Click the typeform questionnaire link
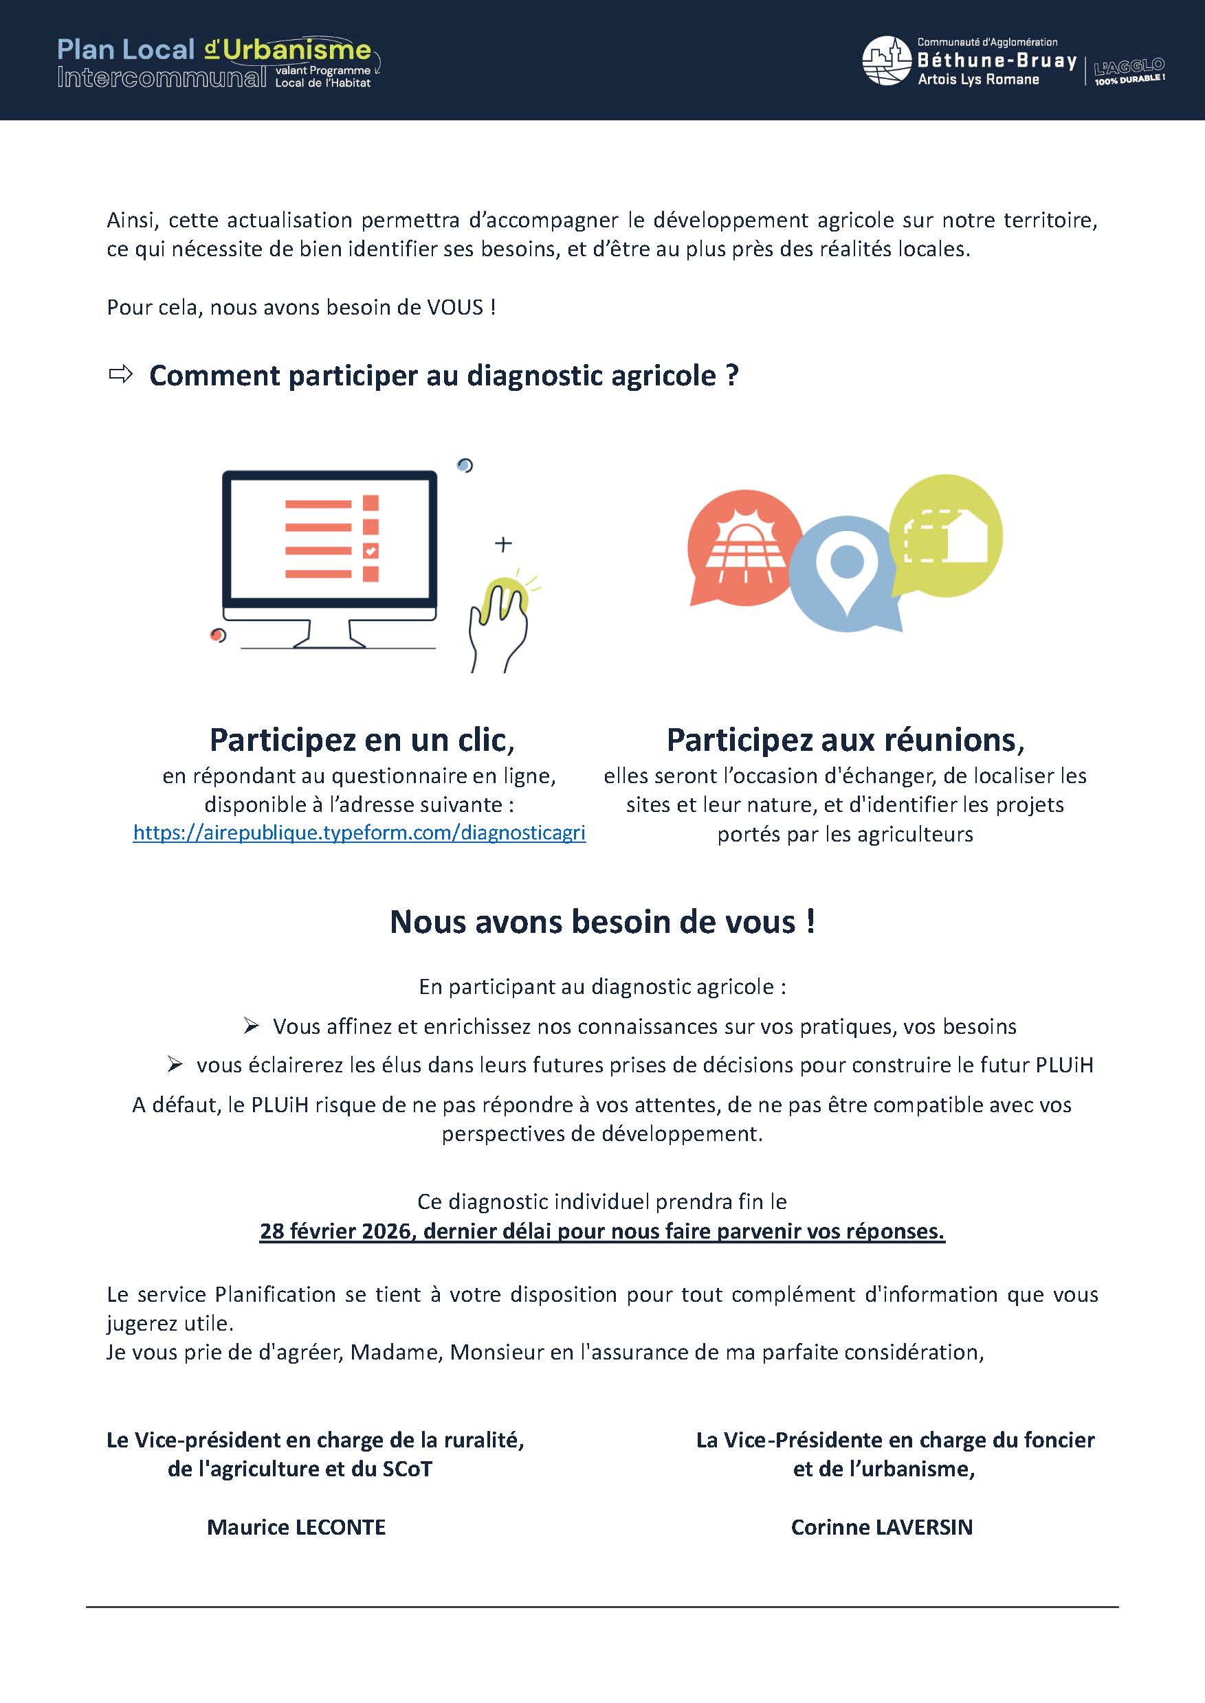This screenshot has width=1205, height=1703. click(359, 833)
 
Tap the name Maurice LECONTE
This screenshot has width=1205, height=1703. click(296, 1527)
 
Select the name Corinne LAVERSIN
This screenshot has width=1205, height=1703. click(881, 1527)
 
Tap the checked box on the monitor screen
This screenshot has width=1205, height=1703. click(371, 550)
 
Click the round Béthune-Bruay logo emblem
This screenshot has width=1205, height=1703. click(886, 61)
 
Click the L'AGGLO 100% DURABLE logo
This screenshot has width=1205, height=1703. click(1129, 71)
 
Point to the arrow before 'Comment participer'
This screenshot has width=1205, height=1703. click(120, 374)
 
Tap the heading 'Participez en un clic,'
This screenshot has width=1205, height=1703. click(362, 739)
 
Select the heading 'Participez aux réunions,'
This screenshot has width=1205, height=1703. click(845, 739)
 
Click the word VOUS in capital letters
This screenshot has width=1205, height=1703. click(455, 307)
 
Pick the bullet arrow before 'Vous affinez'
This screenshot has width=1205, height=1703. click(251, 1026)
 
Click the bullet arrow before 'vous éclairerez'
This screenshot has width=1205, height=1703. click(175, 1065)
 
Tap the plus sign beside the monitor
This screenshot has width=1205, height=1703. click(503, 543)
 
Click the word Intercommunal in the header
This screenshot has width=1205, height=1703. click(162, 77)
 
